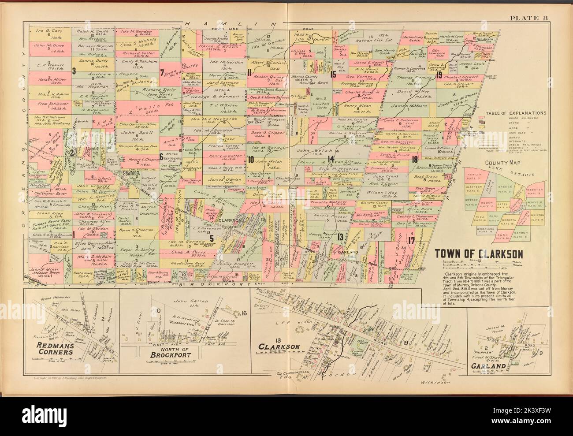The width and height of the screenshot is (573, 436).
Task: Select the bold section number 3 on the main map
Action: [74, 71]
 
